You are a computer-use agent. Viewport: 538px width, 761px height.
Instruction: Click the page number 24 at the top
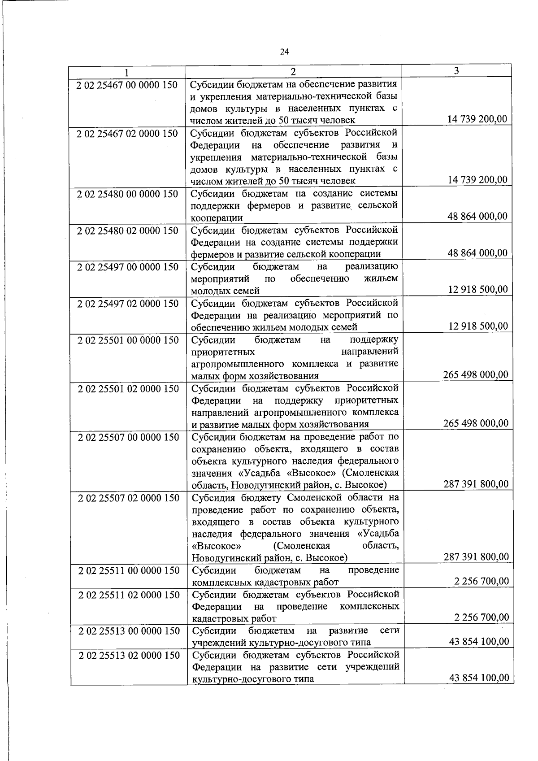coord(284,52)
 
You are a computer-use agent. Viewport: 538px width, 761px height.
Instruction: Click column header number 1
coord(127,72)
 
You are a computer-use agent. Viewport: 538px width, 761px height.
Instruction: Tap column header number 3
coord(456,70)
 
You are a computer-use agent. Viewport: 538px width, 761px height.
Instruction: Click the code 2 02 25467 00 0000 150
coord(127,85)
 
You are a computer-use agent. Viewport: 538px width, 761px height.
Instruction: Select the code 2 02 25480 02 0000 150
coord(127,230)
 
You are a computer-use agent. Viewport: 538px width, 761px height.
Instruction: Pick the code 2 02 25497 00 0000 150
coord(127,267)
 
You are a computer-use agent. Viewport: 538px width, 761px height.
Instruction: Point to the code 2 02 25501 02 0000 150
coord(128,389)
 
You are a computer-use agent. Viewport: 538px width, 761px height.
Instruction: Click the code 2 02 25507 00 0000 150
coord(128,437)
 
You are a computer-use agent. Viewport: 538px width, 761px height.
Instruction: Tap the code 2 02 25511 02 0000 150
coord(129,595)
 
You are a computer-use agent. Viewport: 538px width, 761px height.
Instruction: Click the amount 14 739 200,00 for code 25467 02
coord(477,180)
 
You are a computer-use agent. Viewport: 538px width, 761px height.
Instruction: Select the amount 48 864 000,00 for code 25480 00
coord(477,216)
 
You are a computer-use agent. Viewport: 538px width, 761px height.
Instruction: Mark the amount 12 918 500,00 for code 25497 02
coord(478,326)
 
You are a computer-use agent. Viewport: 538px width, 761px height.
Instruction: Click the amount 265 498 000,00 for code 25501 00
coord(476,374)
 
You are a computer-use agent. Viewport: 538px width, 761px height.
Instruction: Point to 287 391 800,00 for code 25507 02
coord(476,557)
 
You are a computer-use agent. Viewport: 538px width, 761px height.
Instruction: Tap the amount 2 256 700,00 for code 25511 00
coord(481,581)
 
